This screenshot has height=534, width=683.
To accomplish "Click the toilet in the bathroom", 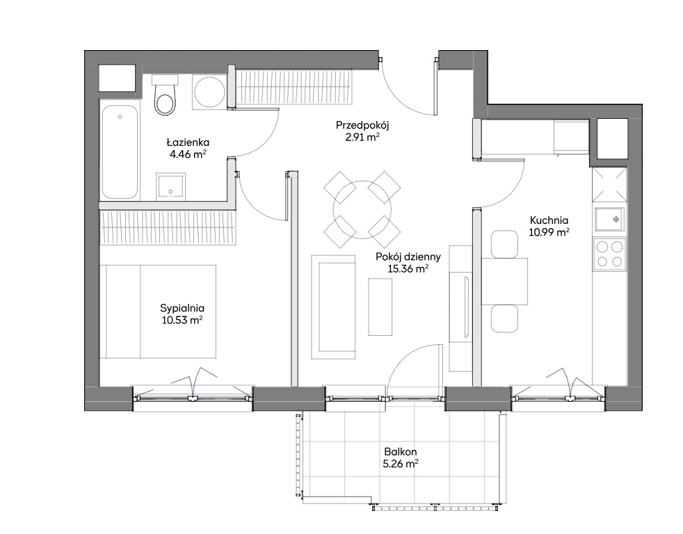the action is [165, 95].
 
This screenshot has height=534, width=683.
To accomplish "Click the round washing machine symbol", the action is [209, 92].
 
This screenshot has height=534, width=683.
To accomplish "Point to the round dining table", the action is [362, 209].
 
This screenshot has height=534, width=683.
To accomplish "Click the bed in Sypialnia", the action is [158, 311].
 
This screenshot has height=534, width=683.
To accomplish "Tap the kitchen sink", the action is [610, 220].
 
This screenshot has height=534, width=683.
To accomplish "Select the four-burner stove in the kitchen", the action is [609, 254].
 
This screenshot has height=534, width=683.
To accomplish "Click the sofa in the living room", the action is [334, 307].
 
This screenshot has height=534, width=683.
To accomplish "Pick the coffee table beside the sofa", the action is [380, 307].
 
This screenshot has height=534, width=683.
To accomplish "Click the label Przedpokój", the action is [362, 125].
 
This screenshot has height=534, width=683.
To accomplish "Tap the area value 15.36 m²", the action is [408, 269].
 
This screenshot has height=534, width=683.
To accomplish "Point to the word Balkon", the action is [401, 452].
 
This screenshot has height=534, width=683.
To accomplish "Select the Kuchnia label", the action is [549, 220].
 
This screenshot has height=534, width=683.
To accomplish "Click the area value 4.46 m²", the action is [188, 154].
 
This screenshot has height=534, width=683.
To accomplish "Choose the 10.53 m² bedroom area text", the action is [182, 320].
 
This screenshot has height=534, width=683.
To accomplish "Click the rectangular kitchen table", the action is [505, 282].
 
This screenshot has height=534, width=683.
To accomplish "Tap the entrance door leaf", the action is [435, 86].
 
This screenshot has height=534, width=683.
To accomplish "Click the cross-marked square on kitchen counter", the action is [609, 185].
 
